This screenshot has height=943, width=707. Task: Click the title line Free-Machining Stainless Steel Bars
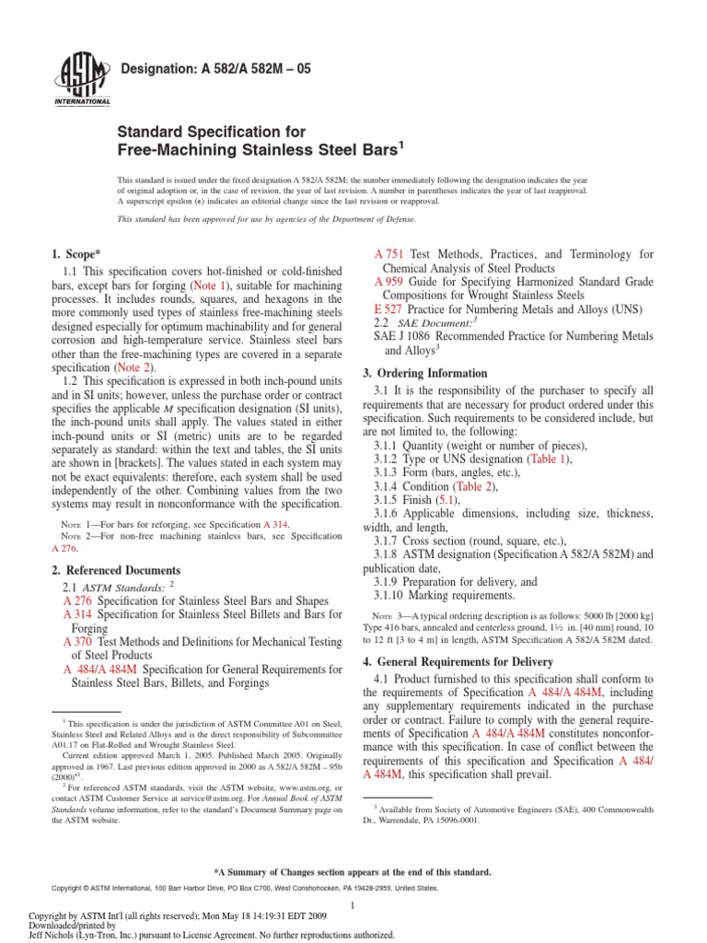(x=260, y=148)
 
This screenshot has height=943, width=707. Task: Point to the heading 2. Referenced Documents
(x=116, y=570)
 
